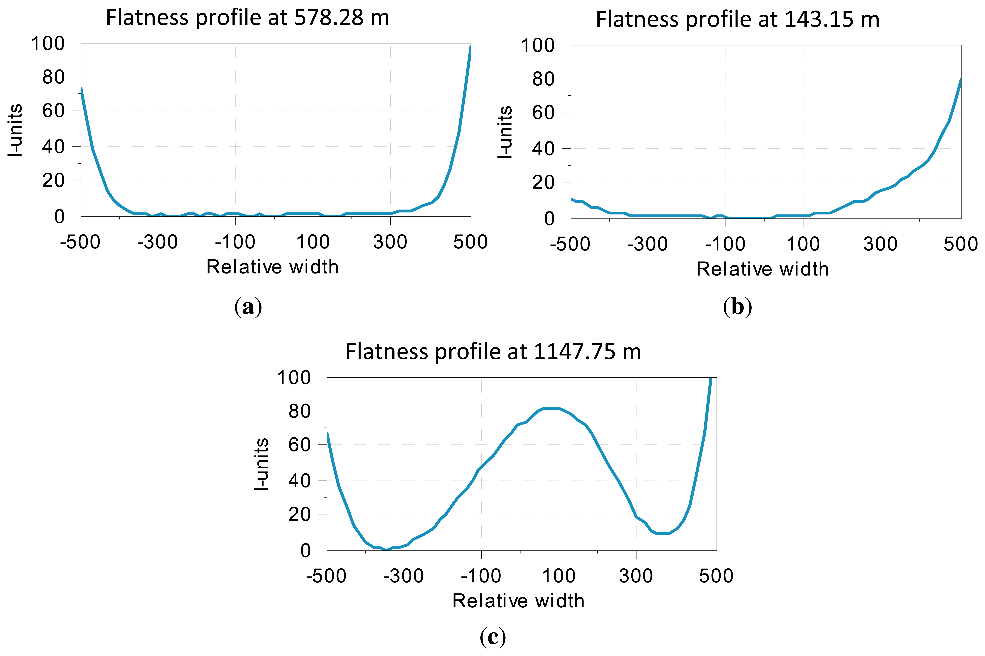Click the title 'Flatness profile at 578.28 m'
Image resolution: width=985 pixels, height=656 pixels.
pos(247,18)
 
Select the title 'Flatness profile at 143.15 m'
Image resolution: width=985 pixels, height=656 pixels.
pos(738,20)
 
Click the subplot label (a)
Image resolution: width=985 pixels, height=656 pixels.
pos(248,307)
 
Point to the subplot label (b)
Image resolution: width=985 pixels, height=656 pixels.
pos(738,307)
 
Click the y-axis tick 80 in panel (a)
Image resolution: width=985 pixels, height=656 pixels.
pos(54,77)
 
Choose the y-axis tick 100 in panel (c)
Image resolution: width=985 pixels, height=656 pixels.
pos(294,378)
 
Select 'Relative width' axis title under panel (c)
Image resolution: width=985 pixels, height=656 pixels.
pos(518,601)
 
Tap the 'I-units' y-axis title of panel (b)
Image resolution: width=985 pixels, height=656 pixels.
pos(505,132)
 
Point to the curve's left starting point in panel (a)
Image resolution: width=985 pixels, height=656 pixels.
pos(82,87)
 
